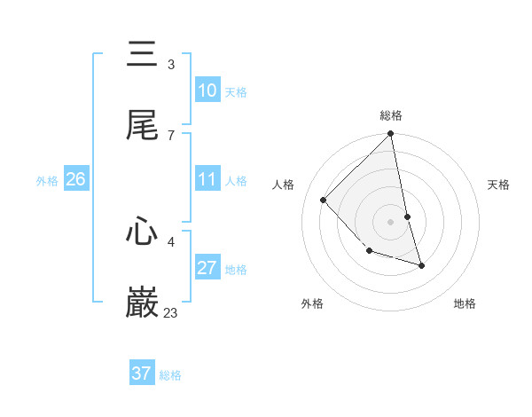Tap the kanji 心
coord(142,232)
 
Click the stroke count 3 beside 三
coord(171,64)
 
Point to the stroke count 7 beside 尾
coord(171,135)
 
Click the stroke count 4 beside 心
coord(171,241)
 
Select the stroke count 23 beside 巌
coord(171,313)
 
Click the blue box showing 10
coord(207,90)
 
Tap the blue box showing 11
coord(207,179)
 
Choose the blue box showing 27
coord(207,268)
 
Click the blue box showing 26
coord(76,179)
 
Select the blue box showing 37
coord(142,374)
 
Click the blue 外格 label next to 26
coord(47,181)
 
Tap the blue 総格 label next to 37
coord(170,375)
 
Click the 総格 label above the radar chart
coord(391,115)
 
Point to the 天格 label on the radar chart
coord(498,185)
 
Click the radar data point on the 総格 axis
coord(391,135)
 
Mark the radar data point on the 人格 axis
coord(324,201)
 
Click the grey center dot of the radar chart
coord(391,222)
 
